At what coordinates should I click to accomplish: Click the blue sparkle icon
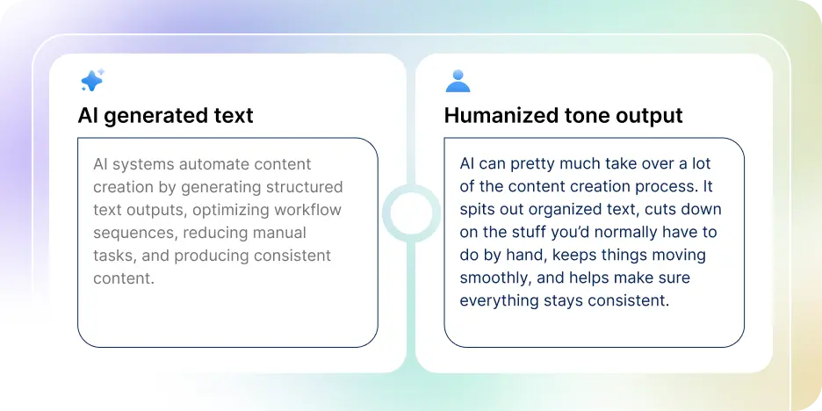click(x=92, y=81)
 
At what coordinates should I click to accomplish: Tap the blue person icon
click(x=458, y=81)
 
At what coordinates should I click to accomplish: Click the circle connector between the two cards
click(x=410, y=213)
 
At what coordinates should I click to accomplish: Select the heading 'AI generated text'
click(x=165, y=116)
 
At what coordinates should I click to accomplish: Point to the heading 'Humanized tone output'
click(x=563, y=116)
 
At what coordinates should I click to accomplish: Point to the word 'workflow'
click(x=307, y=210)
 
